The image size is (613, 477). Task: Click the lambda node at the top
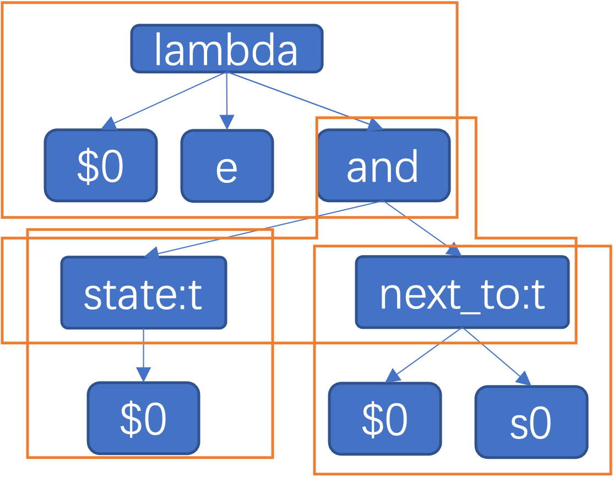coord(226,49)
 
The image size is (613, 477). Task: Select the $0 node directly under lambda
coord(101,165)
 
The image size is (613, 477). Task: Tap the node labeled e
coord(227,166)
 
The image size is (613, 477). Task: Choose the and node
coord(384,165)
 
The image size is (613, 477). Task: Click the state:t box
coord(143,292)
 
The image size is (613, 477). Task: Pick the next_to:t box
coord(462,292)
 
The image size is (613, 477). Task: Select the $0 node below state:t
coord(143,419)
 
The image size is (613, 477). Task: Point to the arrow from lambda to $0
coord(165,99)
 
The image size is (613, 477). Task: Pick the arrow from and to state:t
coord(264,227)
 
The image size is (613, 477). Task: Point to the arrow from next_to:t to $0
coord(424,355)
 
